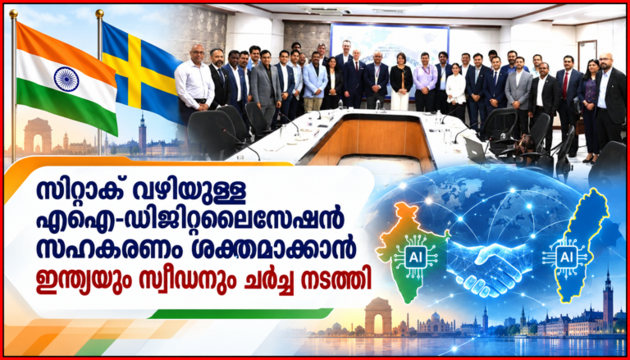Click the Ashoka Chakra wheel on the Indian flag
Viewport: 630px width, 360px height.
[x=66, y=80]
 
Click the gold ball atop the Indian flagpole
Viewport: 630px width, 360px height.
[x=14, y=14]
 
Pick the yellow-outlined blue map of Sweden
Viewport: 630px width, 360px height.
[x=579, y=245]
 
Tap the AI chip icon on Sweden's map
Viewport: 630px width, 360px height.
[x=562, y=257]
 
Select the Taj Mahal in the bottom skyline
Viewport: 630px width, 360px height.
[x=436, y=322]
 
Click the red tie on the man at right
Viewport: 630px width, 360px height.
[x=566, y=85]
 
